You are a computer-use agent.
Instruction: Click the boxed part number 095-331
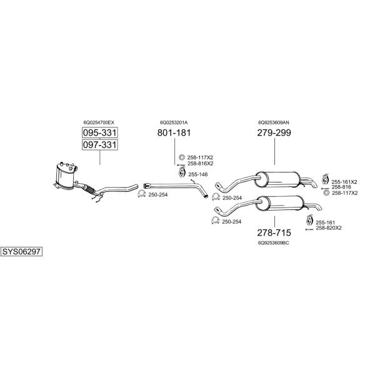(100, 132)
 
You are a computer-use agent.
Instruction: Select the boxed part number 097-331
(100, 145)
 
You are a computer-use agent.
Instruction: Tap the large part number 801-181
(174, 132)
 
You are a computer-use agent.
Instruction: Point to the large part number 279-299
(274, 132)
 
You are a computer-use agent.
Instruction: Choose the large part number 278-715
(274, 232)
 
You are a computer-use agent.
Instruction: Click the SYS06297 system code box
(21, 252)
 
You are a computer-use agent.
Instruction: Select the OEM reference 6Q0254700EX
(99, 122)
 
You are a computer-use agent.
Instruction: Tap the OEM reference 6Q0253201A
(174, 122)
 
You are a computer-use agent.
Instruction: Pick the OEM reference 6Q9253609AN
(274, 122)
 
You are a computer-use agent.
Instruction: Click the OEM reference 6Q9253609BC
(274, 242)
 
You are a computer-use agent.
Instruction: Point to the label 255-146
(198, 174)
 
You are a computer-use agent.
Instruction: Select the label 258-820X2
(329, 228)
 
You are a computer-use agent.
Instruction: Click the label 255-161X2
(344, 182)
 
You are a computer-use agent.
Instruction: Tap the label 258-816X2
(200, 164)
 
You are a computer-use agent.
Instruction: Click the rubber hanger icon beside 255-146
(182, 172)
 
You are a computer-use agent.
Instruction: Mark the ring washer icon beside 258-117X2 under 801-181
(182, 157)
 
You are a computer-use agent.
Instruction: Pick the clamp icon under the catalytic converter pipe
(142, 194)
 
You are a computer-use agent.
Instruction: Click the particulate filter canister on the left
(64, 175)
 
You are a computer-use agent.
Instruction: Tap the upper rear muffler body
(277, 179)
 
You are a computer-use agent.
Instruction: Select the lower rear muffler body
(279, 204)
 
